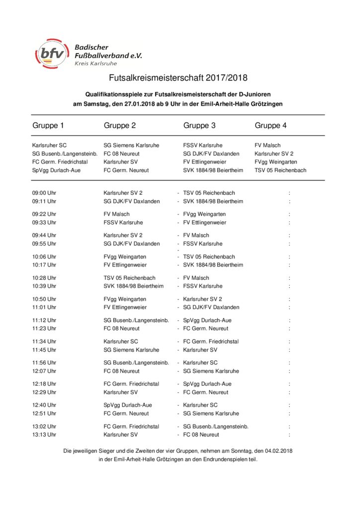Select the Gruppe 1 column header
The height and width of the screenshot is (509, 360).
pos(48,126)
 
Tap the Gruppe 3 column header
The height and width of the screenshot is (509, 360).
pos(199,126)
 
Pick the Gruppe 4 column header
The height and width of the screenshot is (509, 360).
pos(270,126)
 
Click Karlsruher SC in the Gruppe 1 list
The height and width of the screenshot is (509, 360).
pos(49,146)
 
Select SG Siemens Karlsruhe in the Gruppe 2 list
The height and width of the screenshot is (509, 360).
pos(131,146)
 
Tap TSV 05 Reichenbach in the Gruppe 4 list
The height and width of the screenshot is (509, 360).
pos(280,170)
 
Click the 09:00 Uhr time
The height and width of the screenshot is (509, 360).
pos(44,193)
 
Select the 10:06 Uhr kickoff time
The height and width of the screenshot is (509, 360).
pos(44,257)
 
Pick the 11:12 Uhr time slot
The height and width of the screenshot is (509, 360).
pos(44,321)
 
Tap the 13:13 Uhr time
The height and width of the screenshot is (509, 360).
pos(44,435)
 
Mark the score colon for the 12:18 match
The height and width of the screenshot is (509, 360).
pos(289,384)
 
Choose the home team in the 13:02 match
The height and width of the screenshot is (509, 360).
pos(131,426)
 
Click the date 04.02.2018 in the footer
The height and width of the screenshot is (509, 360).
pos(276,451)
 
